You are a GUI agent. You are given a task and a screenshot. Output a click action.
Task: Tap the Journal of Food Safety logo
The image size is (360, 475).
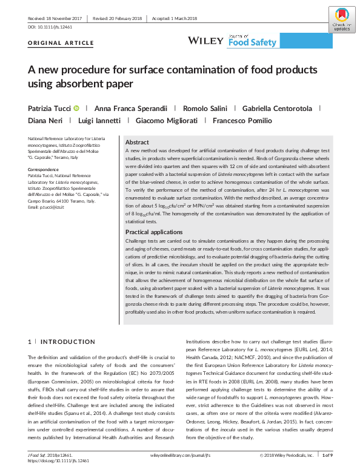tap(252, 40)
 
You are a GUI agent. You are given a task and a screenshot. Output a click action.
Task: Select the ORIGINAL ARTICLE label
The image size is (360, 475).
tap(61, 44)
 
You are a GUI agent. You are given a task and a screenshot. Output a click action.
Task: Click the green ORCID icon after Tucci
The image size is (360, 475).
tap(93, 108)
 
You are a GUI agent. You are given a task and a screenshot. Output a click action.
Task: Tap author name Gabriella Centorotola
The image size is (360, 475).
tap(279, 108)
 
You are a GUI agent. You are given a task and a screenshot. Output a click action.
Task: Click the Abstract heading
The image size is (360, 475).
tap(137, 141)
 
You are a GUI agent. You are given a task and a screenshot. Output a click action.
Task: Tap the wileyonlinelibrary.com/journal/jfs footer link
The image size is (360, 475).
tap(180, 454)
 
